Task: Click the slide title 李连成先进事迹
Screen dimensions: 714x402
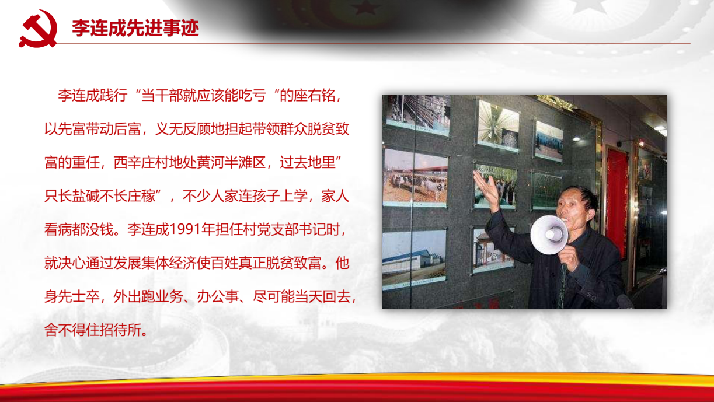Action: [135, 28]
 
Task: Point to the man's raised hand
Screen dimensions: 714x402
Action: [487, 188]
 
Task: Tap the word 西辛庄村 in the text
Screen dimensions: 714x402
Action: [141, 162]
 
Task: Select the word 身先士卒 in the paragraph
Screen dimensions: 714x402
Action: [72, 296]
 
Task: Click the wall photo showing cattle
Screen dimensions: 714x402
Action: [415, 179]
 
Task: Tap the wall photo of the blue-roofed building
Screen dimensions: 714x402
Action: [414, 258]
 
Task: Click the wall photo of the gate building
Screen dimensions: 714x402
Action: [493, 250]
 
